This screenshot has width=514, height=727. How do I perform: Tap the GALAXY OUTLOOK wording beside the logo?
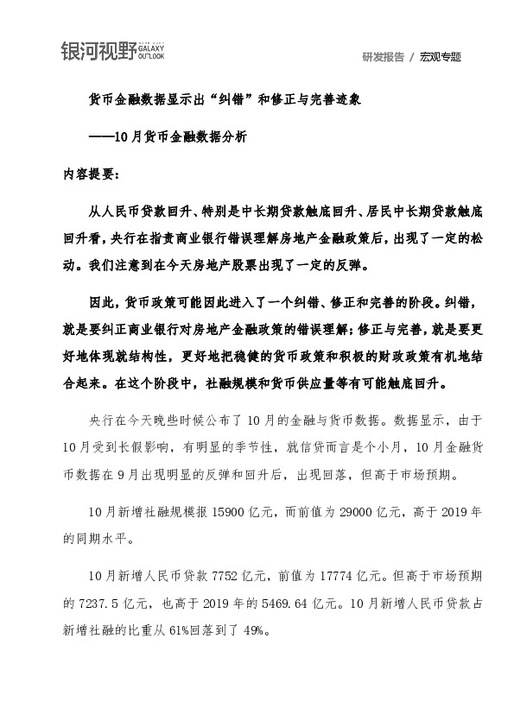coord(152,53)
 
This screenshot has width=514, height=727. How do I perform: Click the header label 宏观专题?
coord(441,57)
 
